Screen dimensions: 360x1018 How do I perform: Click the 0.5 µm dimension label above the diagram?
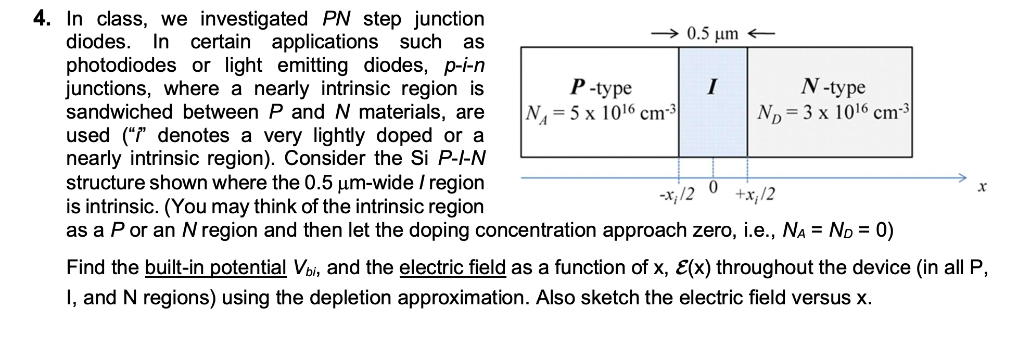click(x=712, y=34)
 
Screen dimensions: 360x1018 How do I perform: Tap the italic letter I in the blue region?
click(x=712, y=86)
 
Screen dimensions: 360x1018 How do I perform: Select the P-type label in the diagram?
click(x=601, y=87)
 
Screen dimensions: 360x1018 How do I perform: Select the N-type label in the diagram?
click(x=833, y=87)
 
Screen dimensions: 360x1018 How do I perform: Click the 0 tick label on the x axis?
click(x=713, y=186)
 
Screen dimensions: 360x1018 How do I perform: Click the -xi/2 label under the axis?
click(x=677, y=195)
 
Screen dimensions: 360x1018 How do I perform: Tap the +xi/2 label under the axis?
click(x=755, y=195)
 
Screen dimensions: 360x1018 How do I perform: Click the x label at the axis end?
click(x=982, y=187)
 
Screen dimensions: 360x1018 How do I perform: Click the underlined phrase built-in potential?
click(x=215, y=267)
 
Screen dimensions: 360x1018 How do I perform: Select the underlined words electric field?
click(x=452, y=267)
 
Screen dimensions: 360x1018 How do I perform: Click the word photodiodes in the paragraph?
click(x=121, y=66)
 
